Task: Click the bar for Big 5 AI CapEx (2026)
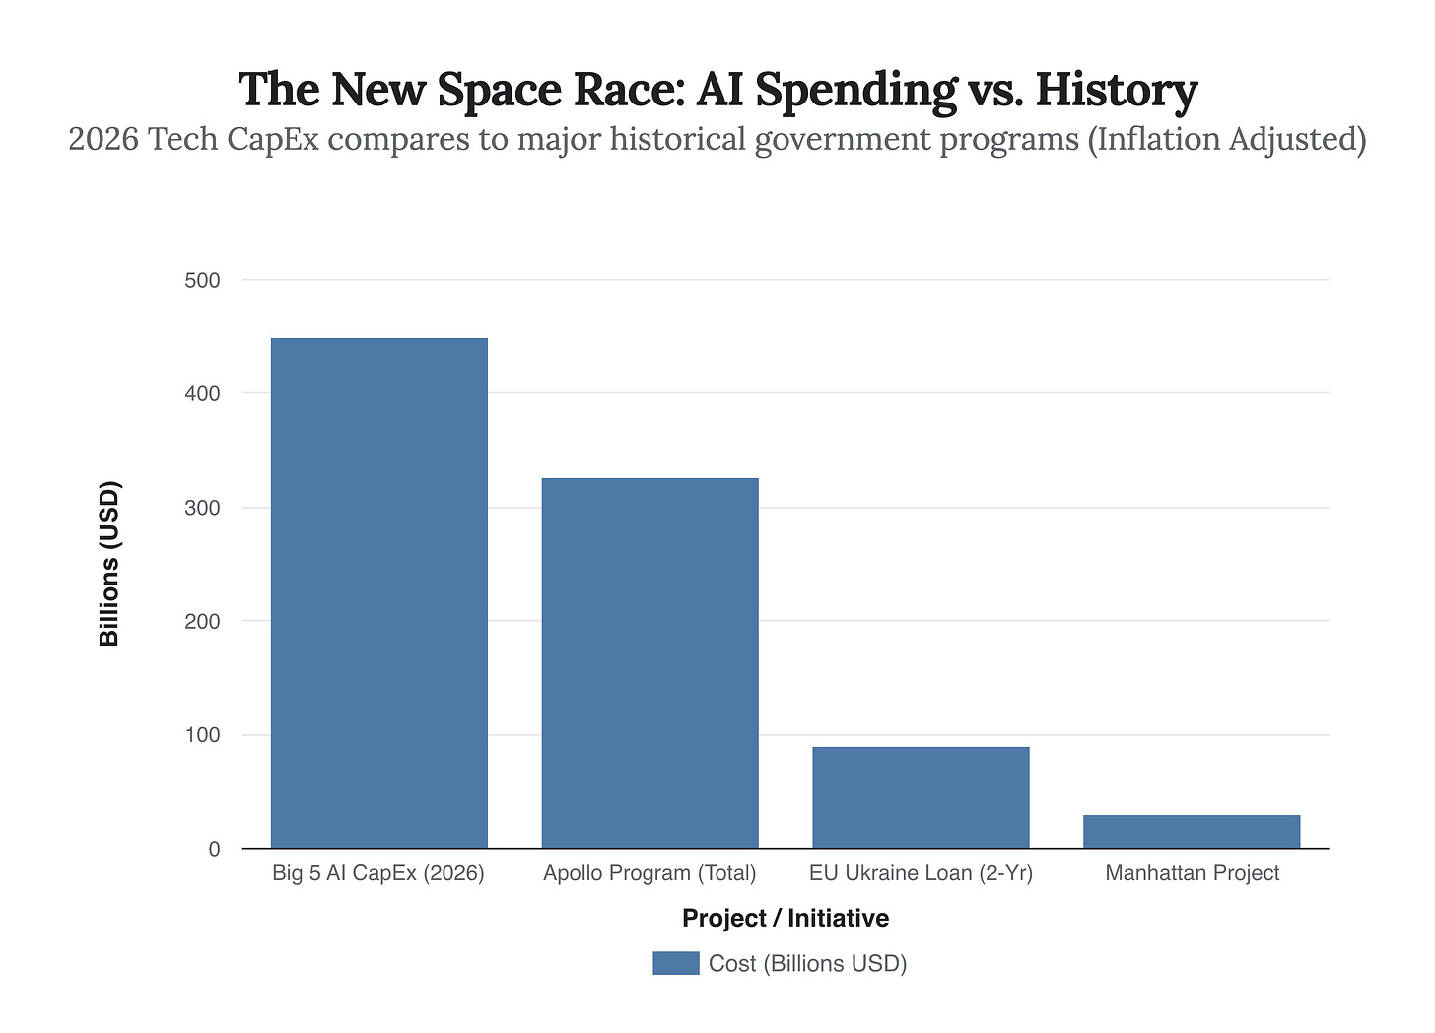[378, 592]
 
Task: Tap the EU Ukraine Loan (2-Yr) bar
[921, 797]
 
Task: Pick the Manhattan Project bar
[1191, 831]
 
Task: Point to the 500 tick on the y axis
[202, 280]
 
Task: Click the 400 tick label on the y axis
[202, 393]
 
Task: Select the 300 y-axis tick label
[202, 508]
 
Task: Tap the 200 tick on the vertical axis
[202, 621]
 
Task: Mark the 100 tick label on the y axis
[202, 735]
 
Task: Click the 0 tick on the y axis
[214, 849]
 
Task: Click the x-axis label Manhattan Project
[1192, 873]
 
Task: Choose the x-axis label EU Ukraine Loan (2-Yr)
[921, 873]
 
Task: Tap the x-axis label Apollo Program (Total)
[649, 873]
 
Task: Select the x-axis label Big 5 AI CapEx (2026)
[378, 873]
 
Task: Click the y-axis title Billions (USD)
[109, 564]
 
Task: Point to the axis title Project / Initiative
[786, 918]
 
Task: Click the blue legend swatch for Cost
[675, 963]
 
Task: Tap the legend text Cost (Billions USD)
[807, 963]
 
